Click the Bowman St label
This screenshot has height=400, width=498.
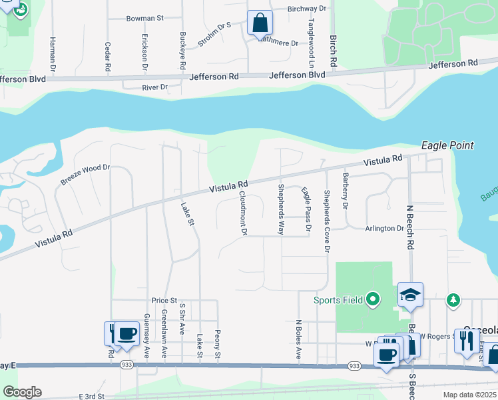tap(144, 19)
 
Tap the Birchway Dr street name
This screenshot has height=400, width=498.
tap(308, 9)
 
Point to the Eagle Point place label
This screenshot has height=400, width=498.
tap(447, 145)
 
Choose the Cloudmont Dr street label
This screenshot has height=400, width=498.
tap(243, 213)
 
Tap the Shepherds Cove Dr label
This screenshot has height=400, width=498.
tap(326, 222)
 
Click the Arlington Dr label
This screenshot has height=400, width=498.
tap(384, 228)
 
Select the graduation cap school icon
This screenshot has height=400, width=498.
tap(410, 294)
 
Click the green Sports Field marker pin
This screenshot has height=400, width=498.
tap(373, 299)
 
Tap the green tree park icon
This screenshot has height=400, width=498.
tap(453, 300)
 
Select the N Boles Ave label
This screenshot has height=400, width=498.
tap(299, 339)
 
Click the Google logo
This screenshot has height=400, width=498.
tap(22, 391)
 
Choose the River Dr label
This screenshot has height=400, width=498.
tap(154, 87)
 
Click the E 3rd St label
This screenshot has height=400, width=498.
tap(91, 396)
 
